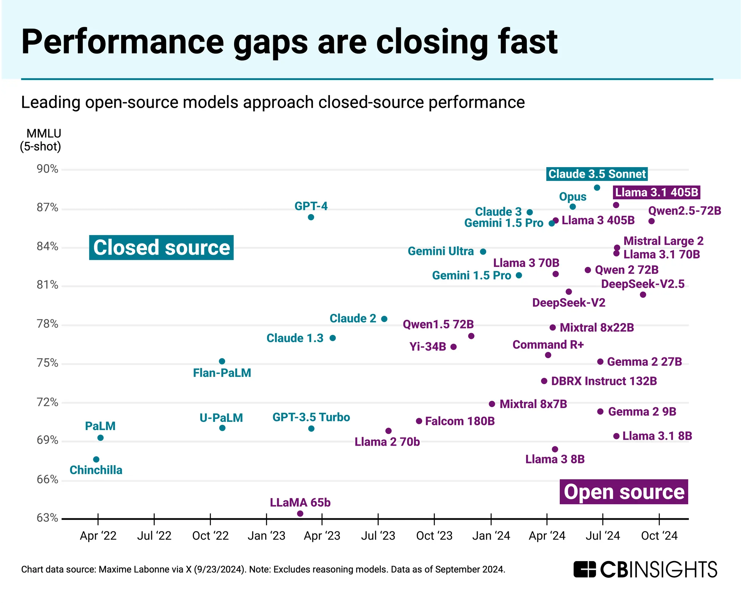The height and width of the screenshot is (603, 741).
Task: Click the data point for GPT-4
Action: coord(311,217)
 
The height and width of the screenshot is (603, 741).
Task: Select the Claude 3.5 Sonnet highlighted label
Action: coord(597,174)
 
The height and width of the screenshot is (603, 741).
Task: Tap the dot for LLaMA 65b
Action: coord(300,513)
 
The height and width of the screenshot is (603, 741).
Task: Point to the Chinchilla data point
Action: coord(96,459)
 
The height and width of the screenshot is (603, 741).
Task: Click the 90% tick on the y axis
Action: coord(47,169)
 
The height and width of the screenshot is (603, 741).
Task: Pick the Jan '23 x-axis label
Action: coord(266,536)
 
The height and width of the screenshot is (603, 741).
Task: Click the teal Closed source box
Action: coord(161,248)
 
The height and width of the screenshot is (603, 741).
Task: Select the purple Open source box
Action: coord(624,492)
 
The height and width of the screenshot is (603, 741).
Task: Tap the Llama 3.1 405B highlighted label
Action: coord(656,192)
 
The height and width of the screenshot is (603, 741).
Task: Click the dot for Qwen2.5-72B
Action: coord(652,221)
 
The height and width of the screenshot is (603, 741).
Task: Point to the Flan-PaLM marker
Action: coord(222,361)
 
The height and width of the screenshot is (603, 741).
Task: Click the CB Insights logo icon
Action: coord(584,569)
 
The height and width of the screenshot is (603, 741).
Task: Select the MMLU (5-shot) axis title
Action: coord(41,140)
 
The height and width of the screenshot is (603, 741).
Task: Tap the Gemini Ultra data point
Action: coord(483,251)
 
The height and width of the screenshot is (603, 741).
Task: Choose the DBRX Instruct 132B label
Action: coord(604,381)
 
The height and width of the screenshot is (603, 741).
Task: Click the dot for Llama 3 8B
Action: coord(555,449)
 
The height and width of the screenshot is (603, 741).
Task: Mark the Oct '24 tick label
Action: coord(659,536)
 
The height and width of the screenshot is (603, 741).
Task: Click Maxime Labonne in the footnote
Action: coord(141,569)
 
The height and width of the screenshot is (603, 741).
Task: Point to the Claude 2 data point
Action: coord(384,319)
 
